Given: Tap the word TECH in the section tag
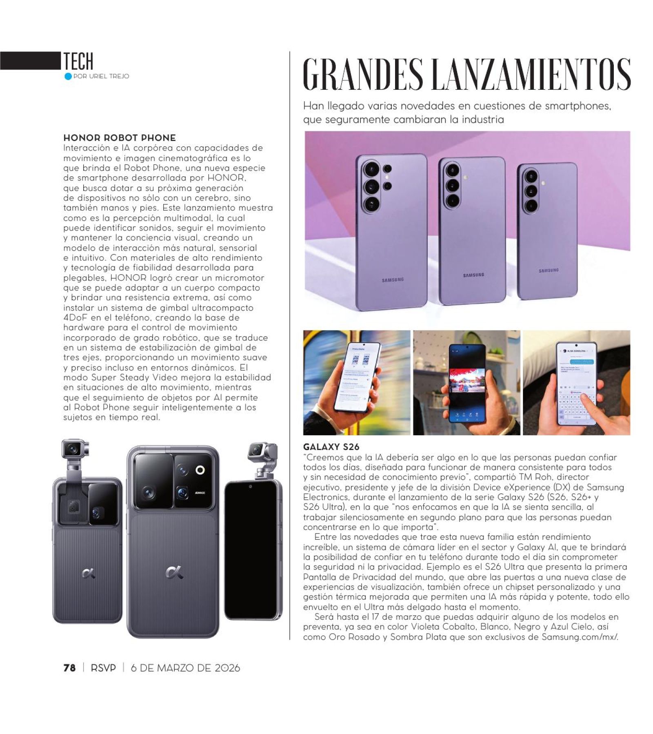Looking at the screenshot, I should tap(78, 61).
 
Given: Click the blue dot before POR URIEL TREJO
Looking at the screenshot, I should tap(68, 76).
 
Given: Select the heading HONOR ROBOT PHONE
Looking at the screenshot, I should tap(119, 138).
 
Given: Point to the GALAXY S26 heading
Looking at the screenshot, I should tap(331, 447).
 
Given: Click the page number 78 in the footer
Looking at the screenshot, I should tap(69, 668).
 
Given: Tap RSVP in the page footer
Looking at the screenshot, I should tap(103, 668).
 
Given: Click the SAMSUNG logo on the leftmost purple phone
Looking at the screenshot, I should tap(392, 280).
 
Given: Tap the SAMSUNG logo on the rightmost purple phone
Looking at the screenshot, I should tap(549, 271).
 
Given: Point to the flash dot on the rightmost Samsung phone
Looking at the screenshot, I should tap(543, 184).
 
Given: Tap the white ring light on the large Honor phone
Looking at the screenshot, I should tap(200, 470).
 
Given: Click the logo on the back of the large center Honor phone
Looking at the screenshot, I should tap(174, 573).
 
